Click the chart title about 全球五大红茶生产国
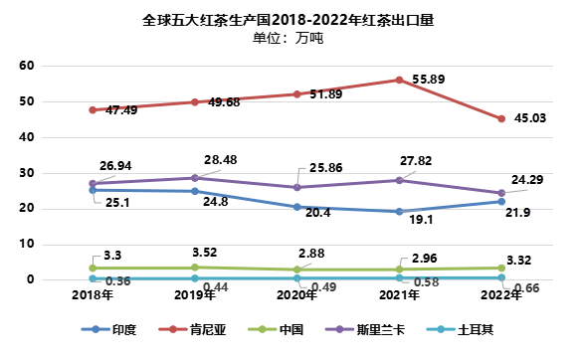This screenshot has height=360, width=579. (x=289, y=18)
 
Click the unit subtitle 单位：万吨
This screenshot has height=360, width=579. (x=289, y=38)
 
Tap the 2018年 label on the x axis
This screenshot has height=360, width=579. (x=93, y=294)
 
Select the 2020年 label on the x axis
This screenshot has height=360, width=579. (x=297, y=294)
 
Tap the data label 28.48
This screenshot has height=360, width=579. (x=223, y=159)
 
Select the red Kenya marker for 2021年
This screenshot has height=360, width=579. (x=400, y=80)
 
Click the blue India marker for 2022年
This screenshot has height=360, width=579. (x=502, y=202)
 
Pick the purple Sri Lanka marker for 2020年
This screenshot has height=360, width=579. (x=297, y=187)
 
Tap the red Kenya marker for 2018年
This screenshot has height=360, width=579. (x=93, y=110)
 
